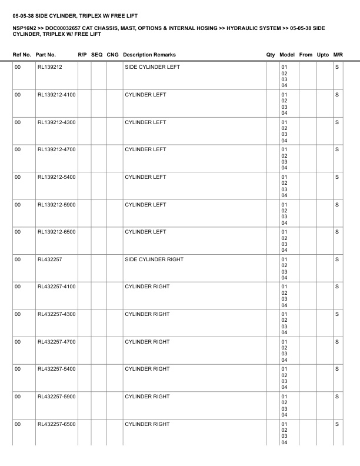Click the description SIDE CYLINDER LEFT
pos(152,67)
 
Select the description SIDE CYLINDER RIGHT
pos(154,259)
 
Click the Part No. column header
pos(46,55)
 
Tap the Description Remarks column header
pos(149,55)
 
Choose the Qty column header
pos(271,55)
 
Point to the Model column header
pos(288,55)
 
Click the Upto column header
pos(323,55)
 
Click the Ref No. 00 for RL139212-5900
pos(18,204)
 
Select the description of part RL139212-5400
pos(145,177)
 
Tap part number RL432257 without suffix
pos(49,259)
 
